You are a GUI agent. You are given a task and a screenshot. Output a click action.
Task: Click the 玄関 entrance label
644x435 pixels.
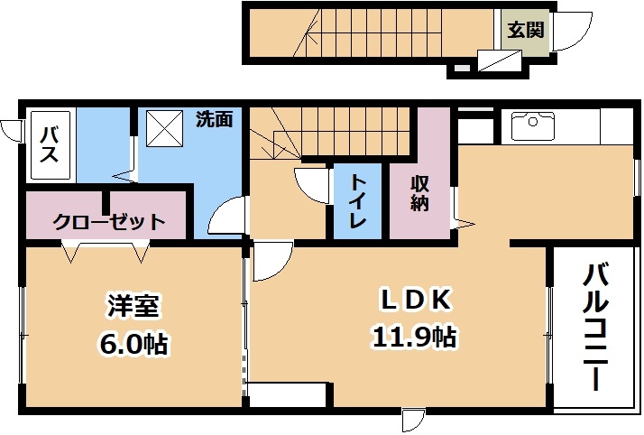click(525, 30)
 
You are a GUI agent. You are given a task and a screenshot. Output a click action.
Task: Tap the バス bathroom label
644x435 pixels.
click(49, 144)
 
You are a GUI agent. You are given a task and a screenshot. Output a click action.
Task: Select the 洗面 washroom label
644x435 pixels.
click(214, 119)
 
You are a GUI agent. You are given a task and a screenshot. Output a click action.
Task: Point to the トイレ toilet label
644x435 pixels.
click(357, 201)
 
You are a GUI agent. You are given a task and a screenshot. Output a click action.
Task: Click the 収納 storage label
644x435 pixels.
click(419, 194)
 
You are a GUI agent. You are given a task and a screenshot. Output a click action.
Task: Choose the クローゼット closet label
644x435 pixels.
click(109, 222)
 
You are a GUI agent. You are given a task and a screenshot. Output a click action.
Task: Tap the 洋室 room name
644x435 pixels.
click(133, 306)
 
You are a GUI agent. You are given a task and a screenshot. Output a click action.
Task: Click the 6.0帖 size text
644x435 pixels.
click(133, 344)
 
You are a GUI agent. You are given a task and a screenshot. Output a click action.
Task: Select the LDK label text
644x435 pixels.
click(415, 301)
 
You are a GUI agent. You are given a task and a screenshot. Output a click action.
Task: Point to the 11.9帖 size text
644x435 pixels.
click(415, 338)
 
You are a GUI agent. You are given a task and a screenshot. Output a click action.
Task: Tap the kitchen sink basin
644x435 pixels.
click(533, 126)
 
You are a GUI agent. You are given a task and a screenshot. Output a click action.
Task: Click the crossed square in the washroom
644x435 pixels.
click(164, 128)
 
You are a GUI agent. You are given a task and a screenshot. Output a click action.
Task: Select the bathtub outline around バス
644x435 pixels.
click(51, 144)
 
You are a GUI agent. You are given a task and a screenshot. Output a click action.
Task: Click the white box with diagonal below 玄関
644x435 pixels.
click(499, 60)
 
